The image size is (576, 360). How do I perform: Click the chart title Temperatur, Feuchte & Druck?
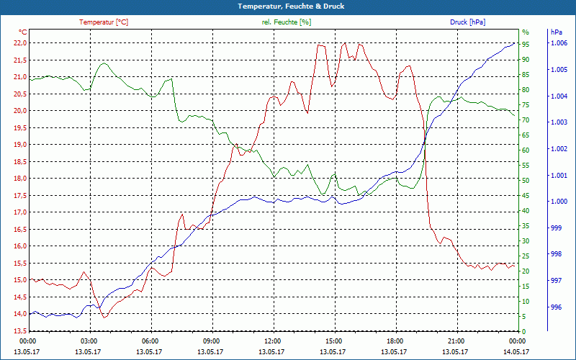(288, 6)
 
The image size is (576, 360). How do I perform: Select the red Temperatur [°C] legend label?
(104, 22)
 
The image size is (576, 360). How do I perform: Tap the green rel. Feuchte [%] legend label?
(287, 22)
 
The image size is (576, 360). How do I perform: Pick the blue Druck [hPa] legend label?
(467, 22)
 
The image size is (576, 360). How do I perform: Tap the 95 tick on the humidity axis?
(526, 45)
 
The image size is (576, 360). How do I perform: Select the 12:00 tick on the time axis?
(273, 341)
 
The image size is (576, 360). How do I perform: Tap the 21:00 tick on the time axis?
(456, 341)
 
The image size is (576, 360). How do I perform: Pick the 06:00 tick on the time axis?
(150, 341)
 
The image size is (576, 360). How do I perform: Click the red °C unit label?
(22, 32)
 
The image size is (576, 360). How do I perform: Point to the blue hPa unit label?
(556, 32)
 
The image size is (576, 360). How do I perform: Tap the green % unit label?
(525, 32)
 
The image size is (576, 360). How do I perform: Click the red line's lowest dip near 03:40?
(105, 317)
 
